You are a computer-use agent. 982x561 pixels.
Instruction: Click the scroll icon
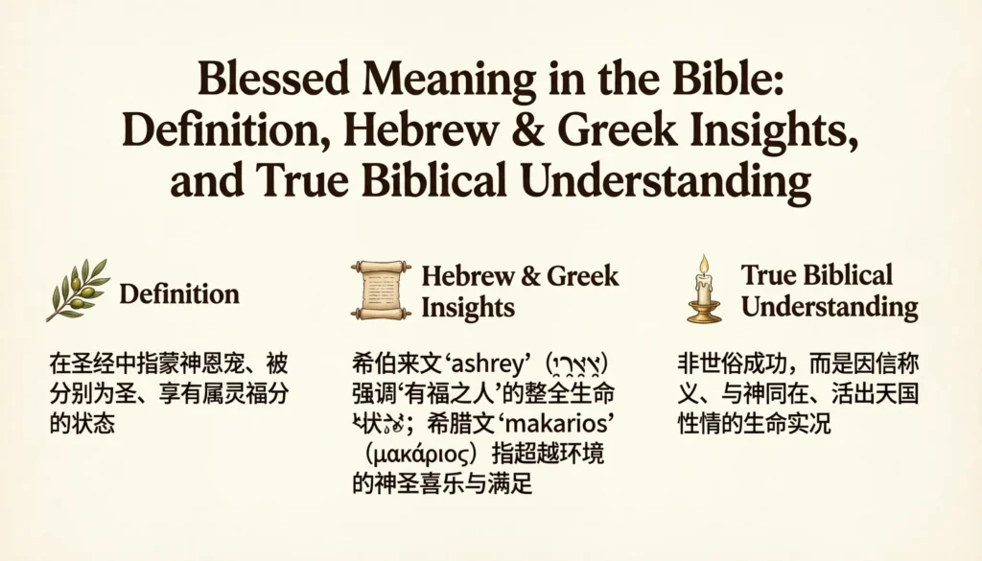point(381,289)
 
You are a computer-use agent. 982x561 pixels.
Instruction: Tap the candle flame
point(703,264)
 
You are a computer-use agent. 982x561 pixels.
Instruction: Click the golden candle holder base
point(704,315)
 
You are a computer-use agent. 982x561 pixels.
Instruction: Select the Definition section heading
point(179,292)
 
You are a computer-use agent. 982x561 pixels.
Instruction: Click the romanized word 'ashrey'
point(491,365)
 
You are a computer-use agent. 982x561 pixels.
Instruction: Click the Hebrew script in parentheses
point(578,365)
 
